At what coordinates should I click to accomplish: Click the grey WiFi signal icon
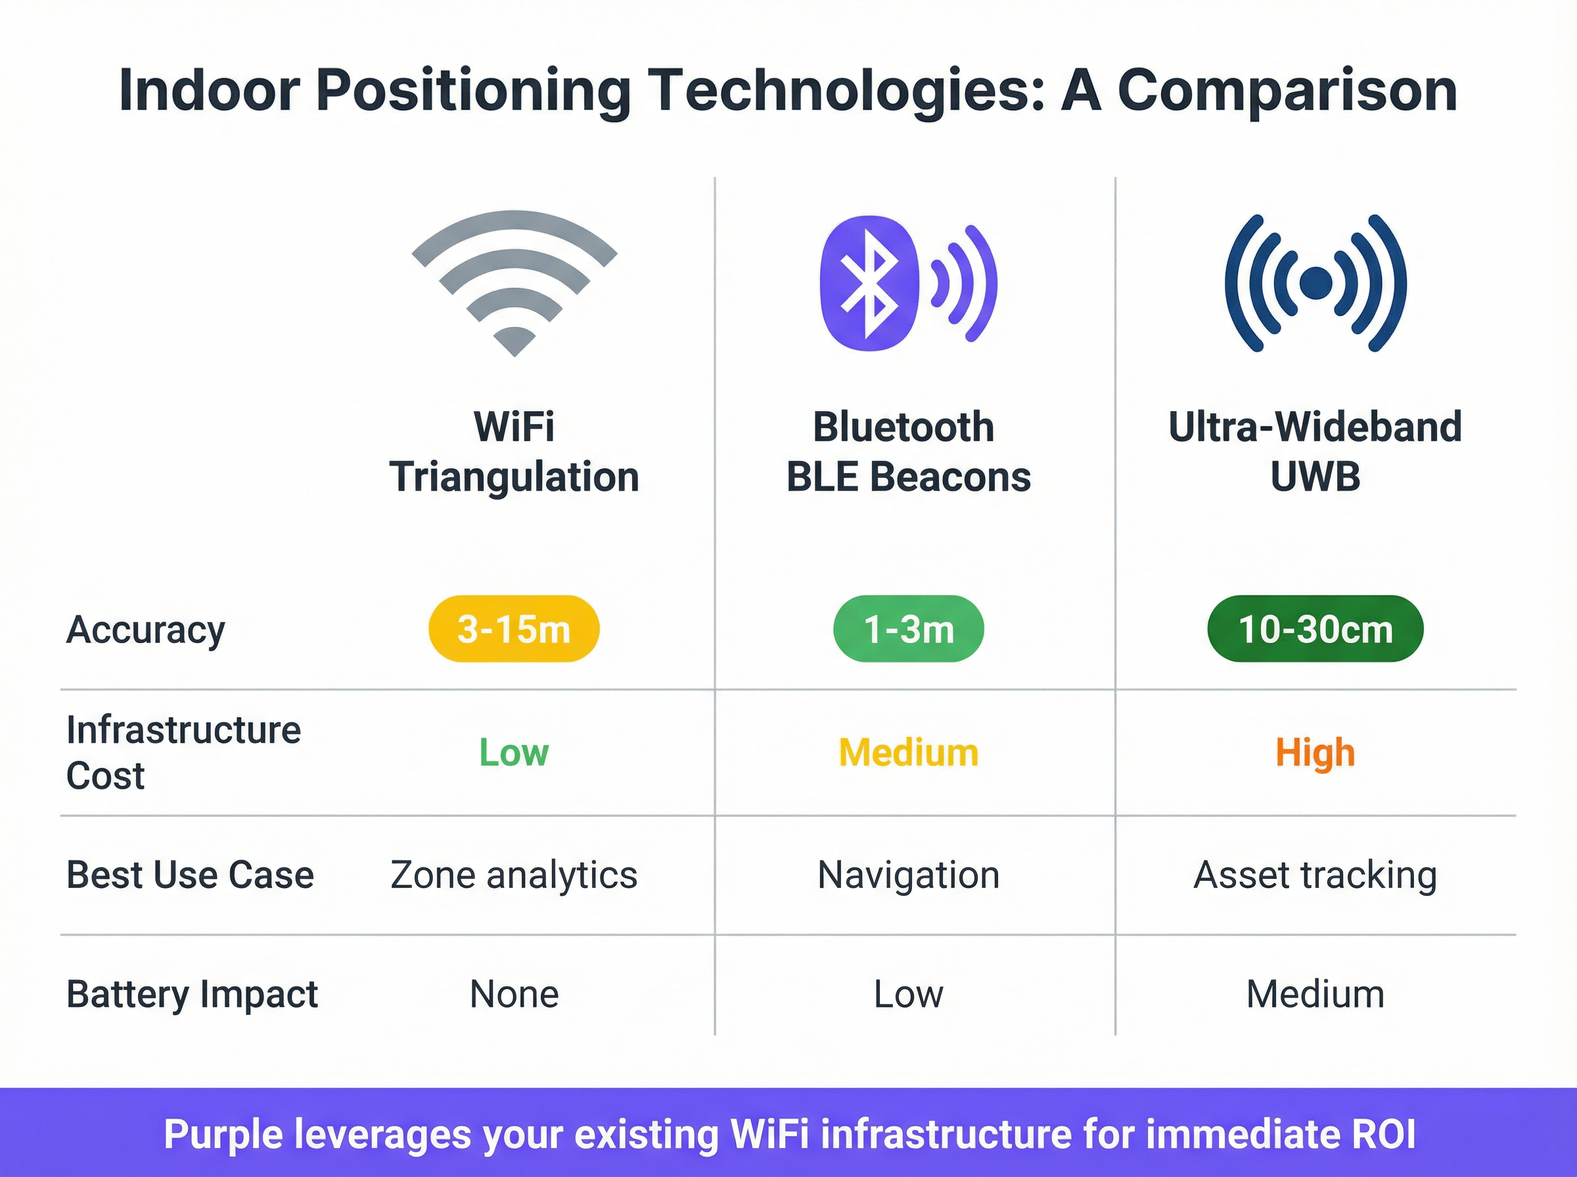[x=514, y=281]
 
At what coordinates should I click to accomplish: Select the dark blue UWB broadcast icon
[x=1315, y=283]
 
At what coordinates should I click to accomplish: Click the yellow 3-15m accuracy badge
[x=514, y=629]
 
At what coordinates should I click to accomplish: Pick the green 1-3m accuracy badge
[x=909, y=629]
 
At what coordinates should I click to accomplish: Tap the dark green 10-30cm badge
[x=1315, y=629]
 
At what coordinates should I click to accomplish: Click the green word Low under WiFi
[x=514, y=752]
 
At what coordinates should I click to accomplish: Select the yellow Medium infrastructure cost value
[x=909, y=752]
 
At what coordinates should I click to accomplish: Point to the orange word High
[x=1315, y=752]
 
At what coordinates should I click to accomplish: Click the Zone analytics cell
[x=514, y=875]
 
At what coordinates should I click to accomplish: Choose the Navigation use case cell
[x=909, y=875]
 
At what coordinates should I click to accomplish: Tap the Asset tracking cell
[x=1315, y=875]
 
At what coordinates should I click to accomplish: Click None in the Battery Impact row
[x=514, y=994]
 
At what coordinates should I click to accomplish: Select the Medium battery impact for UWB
[x=1315, y=994]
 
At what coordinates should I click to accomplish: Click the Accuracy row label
[x=145, y=630]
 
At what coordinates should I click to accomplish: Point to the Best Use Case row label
[x=189, y=875]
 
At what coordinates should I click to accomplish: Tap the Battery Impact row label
[x=192, y=994]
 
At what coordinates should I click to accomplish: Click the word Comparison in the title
[x=1287, y=91]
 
